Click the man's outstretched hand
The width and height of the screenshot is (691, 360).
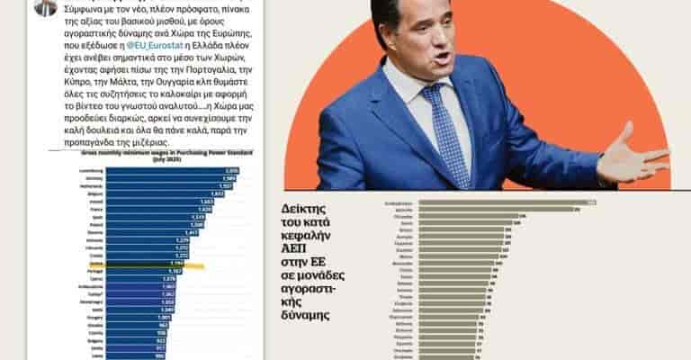[x=630, y=159]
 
